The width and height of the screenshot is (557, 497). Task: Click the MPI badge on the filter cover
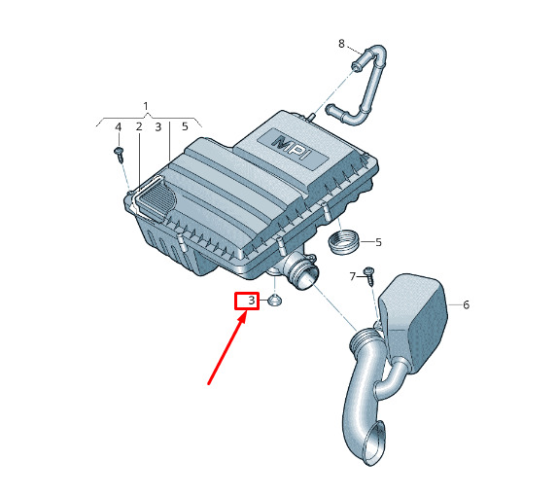click(x=292, y=147)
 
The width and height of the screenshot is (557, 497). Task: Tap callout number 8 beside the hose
click(x=341, y=44)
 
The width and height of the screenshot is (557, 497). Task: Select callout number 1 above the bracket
click(x=146, y=106)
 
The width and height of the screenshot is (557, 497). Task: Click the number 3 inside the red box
click(x=252, y=301)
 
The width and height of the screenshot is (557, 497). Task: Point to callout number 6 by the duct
click(x=466, y=304)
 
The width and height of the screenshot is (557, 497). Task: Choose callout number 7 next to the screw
click(x=353, y=276)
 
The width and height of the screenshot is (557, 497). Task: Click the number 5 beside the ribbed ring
click(x=378, y=242)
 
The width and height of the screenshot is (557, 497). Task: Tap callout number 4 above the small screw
click(x=119, y=126)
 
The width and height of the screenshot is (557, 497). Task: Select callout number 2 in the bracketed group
click(x=139, y=126)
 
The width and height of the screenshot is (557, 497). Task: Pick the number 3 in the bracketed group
click(x=158, y=126)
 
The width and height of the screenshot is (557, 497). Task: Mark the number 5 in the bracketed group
click(x=185, y=126)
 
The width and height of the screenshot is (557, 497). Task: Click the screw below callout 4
click(x=119, y=155)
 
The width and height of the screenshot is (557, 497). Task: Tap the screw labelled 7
click(x=369, y=276)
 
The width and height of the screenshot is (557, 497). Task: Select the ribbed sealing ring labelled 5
click(x=343, y=242)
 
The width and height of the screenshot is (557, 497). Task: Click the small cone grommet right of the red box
click(x=274, y=301)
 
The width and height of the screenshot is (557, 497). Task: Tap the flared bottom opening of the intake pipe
click(x=375, y=443)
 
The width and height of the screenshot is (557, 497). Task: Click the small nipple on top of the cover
click(x=312, y=117)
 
